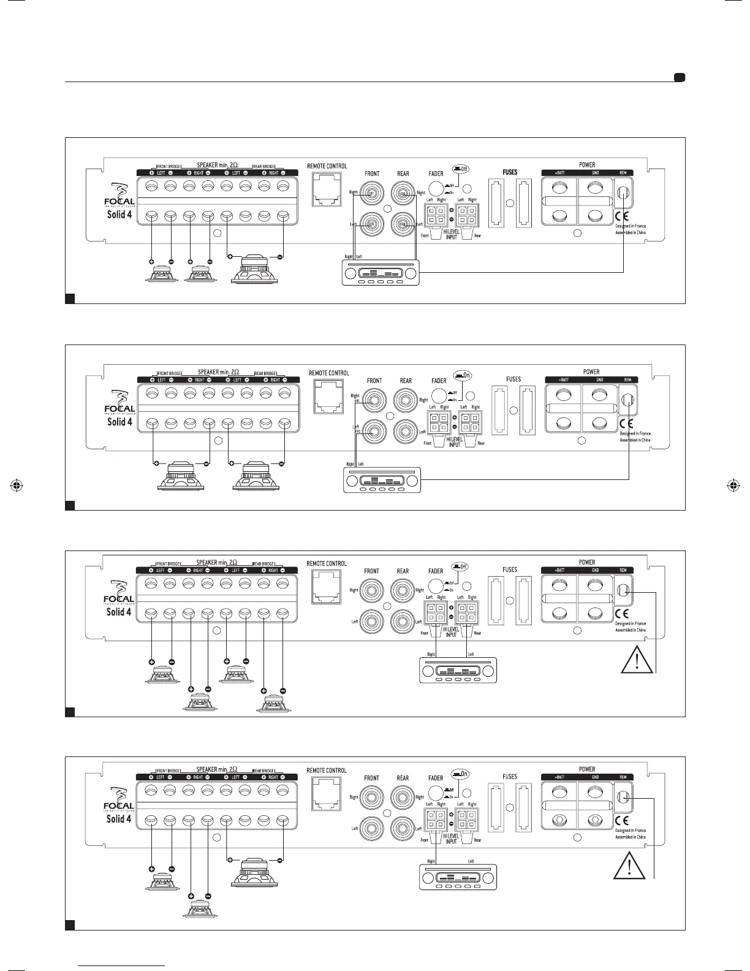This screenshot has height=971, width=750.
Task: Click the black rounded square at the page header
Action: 679,78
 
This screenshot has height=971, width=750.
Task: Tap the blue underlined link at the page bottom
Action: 122,964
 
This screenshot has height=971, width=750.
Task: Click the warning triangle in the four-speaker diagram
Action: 636,660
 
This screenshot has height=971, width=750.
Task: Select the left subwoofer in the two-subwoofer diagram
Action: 181,476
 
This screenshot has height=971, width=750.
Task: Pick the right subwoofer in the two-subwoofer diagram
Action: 256,476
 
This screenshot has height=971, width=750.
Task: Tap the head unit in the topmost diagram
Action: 381,272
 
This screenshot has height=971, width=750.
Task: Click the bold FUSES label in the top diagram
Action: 510,172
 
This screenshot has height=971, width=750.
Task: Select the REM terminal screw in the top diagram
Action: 623,194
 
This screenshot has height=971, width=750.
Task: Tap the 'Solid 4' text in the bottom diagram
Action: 119,818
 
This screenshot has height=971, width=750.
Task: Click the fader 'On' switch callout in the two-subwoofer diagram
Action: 461,375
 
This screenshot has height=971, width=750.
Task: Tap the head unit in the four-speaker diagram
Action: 458,671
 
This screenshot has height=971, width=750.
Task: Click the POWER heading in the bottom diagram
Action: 586,769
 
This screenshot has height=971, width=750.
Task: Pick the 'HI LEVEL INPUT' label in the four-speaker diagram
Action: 451,632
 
